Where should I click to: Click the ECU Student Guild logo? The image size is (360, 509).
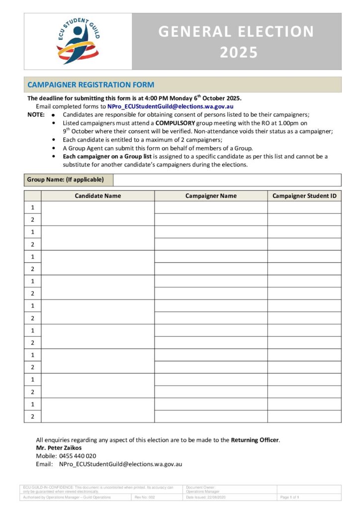[78, 41]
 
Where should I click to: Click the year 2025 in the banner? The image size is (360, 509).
[237, 52]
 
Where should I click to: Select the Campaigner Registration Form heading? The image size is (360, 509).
[90, 85]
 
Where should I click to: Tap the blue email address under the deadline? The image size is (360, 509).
[171, 106]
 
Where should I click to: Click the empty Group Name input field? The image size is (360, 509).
[227, 180]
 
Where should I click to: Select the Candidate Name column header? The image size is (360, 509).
[98, 196]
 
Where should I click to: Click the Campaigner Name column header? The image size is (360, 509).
[211, 196]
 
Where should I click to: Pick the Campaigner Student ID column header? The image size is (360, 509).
[304, 196]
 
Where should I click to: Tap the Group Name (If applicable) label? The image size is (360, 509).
[66, 180]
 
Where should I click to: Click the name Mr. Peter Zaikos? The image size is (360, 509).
[59, 448]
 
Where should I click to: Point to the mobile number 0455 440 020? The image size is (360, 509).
[78, 456]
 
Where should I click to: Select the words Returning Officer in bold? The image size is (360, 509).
[255, 440]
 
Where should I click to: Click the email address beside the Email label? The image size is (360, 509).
[121, 464]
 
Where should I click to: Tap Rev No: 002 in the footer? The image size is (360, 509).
[145, 497]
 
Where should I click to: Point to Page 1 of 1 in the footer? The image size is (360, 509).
[289, 497]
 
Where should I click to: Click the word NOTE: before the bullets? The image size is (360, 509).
[36, 114]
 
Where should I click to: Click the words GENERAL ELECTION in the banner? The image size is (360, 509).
[237, 32]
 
